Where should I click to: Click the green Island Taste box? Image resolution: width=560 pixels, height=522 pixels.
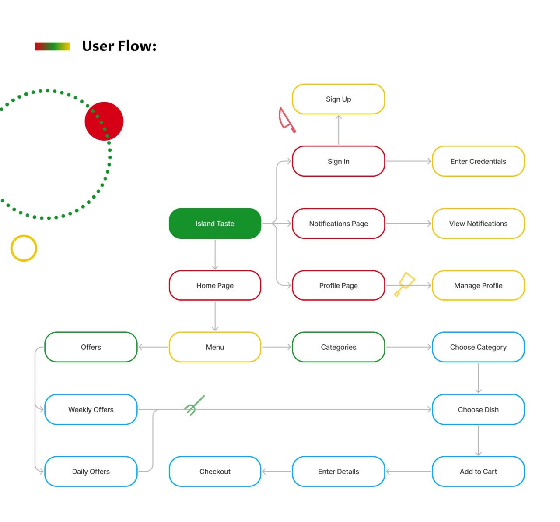215,224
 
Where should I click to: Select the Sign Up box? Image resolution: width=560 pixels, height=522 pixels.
338,99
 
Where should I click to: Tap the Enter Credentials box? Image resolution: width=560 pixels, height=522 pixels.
478,161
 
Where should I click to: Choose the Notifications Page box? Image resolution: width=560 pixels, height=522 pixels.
338,224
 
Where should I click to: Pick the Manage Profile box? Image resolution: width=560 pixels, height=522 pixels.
478,285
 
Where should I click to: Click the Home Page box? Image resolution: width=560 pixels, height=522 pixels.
215,285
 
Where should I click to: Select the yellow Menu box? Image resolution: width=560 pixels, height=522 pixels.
215,347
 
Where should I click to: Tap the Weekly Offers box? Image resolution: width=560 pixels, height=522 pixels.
91,409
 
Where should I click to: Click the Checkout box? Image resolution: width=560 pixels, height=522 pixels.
215,472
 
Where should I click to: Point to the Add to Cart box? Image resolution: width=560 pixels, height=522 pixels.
478,472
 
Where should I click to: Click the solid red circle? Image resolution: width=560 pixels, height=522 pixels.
104,121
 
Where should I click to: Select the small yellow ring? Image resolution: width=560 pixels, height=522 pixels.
24,248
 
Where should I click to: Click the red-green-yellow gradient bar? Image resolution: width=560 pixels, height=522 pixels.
52,46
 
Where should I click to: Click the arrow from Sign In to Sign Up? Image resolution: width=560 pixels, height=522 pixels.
338,130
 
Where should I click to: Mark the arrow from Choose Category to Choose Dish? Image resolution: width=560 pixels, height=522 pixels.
478,378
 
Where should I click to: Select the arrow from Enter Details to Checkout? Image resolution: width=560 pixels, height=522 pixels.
276,472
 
